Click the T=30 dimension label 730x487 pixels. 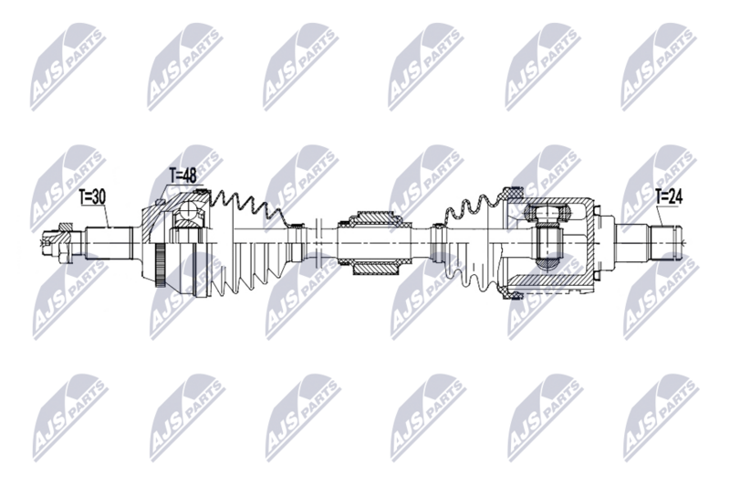92,196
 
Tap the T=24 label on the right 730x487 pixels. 669,194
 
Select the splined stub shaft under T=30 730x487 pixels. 109,242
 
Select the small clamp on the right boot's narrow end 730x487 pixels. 439,225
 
